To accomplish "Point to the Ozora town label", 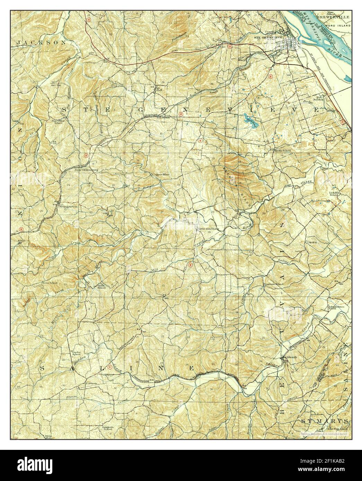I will (x=311, y=242).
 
